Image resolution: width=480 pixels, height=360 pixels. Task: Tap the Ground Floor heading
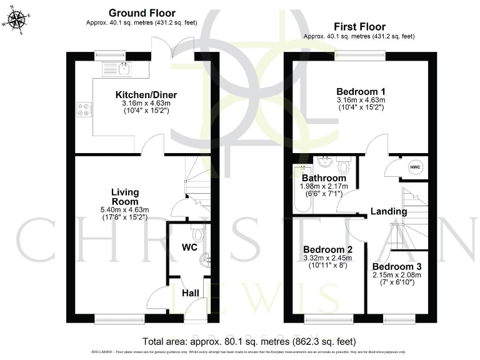click(x=142, y=12)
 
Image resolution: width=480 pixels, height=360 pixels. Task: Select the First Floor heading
click(x=359, y=26)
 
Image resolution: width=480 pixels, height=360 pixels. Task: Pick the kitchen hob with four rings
click(x=83, y=109)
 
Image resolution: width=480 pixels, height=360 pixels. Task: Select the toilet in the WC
click(x=198, y=235)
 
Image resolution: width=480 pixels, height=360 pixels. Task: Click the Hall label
click(x=190, y=292)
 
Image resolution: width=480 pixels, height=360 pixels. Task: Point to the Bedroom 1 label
click(x=361, y=90)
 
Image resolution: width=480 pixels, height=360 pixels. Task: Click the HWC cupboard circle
click(x=415, y=167)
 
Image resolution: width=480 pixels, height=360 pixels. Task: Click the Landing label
click(x=389, y=211)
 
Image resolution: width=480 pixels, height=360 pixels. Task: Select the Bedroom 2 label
click(x=324, y=249)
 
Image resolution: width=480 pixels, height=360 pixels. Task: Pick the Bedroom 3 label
click(x=397, y=266)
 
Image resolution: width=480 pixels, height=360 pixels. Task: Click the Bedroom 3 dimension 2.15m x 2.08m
click(x=397, y=275)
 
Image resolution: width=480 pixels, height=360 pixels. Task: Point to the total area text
click(x=249, y=342)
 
